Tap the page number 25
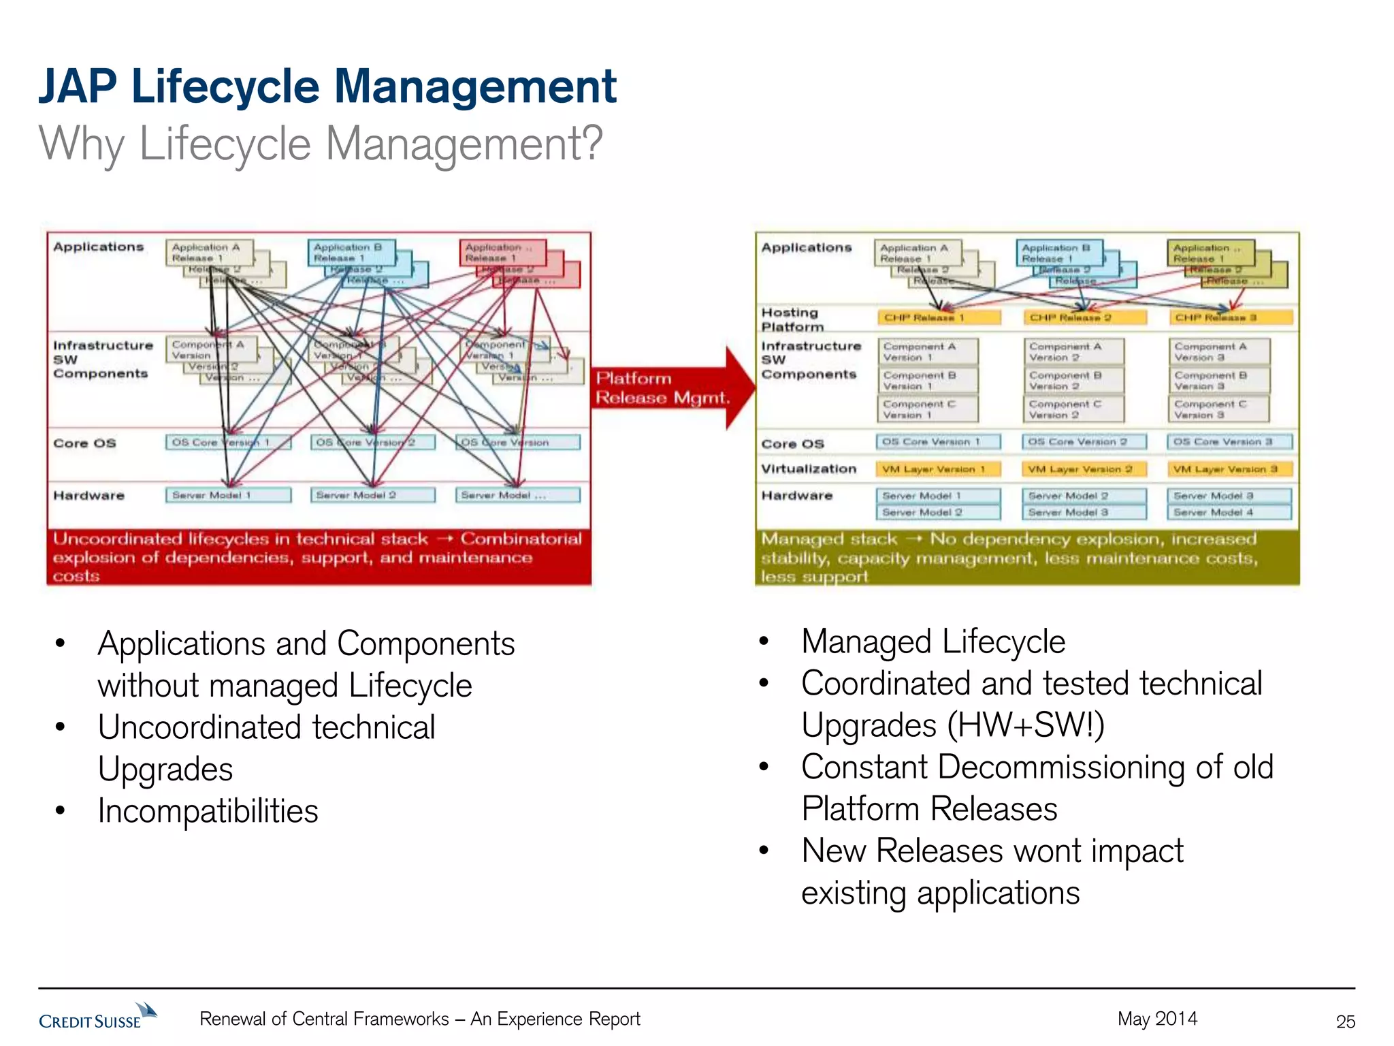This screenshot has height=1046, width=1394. pyautogui.click(x=1345, y=1021)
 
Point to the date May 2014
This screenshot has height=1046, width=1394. pyautogui.click(x=1157, y=1019)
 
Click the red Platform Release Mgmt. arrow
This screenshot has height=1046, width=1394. pyautogui.click(x=670, y=388)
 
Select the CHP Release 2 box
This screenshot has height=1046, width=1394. pyautogui.click(x=1084, y=317)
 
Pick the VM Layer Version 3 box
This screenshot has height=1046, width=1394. pyautogui.click(x=1229, y=469)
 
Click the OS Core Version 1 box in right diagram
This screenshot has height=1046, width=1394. pyautogui.click(x=938, y=442)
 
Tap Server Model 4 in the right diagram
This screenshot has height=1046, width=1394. pyautogui.click(x=1229, y=512)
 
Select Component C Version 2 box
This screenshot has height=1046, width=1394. pyautogui.click(x=1073, y=409)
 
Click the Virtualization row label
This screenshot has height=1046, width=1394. pyautogui.click(x=808, y=469)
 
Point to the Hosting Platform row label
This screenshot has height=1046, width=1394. pyautogui.click(x=792, y=319)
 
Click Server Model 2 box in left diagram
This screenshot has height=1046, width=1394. pyautogui.click(x=373, y=495)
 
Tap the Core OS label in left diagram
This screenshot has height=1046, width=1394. pyautogui.click(x=84, y=443)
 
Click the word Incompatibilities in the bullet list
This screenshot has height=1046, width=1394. pyautogui.click(x=208, y=811)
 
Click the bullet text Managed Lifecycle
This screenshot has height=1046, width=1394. pyautogui.click(x=933, y=641)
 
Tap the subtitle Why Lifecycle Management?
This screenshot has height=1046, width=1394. pyautogui.click(x=321, y=144)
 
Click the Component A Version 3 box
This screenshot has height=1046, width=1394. pyautogui.click(x=1218, y=351)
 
